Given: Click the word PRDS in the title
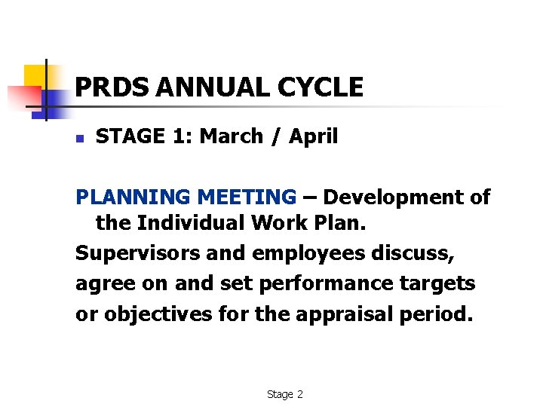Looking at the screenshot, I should [x=112, y=87].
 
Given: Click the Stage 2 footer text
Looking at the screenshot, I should [x=284, y=394].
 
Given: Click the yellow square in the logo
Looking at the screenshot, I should [x=35, y=75].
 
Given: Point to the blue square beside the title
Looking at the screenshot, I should [x=55, y=102].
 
